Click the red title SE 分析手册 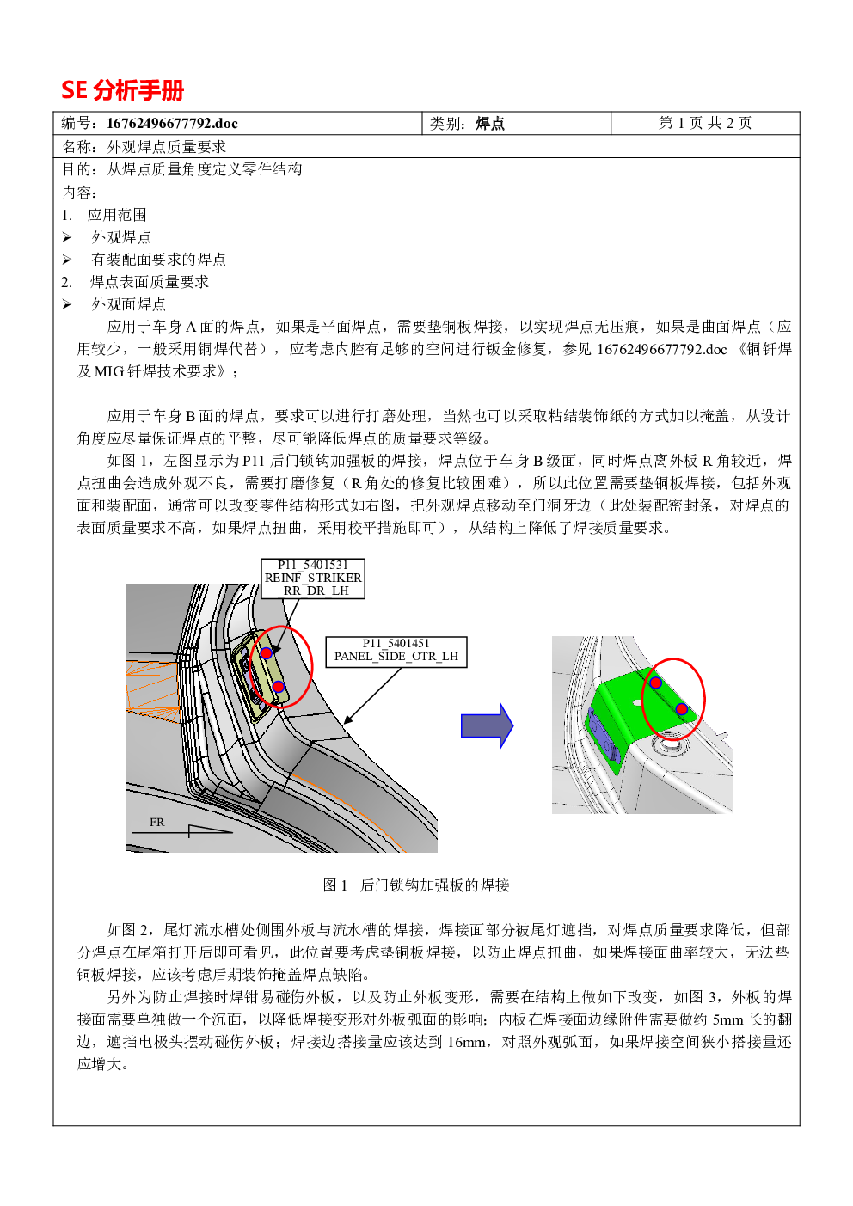(x=123, y=90)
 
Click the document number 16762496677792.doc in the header (x=172, y=123)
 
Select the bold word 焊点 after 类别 (x=490, y=123)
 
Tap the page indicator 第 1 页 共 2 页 (x=705, y=123)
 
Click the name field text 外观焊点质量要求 (x=167, y=146)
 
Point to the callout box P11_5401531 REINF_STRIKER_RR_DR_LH (x=313, y=579)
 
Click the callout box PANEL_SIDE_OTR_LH (x=396, y=652)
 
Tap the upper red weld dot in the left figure (x=266, y=653)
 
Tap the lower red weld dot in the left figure (x=279, y=687)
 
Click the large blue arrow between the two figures (x=488, y=725)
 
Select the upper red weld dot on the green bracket (x=655, y=683)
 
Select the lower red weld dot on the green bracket (x=682, y=708)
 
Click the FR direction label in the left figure (x=156, y=822)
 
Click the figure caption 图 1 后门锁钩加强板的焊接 (x=415, y=885)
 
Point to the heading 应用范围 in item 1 (x=117, y=215)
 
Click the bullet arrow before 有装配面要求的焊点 (x=67, y=260)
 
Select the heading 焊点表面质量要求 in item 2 (x=149, y=282)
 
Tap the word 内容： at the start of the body (x=80, y=193)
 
